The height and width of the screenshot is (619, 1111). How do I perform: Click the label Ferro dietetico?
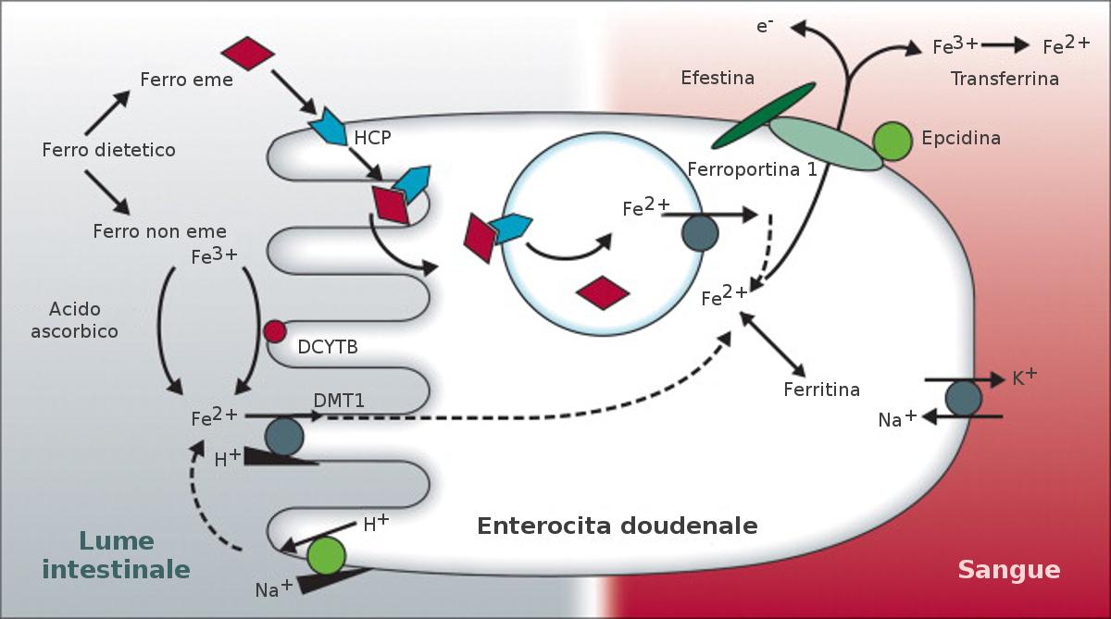(x=108, y=149)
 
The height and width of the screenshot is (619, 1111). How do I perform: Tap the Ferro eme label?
(x=186, y=80)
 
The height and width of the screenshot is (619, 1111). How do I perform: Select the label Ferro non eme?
(x=159, y=230)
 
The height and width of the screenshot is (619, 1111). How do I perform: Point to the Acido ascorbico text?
(x=74, y=319)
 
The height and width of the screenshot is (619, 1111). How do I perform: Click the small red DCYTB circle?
(x=275, y=331)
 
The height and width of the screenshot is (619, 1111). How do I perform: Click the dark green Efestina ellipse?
(x=764, y=115)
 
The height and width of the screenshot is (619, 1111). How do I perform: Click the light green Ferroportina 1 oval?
(x=826, y=144)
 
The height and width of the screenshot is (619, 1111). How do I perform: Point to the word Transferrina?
(x=1005, y=79)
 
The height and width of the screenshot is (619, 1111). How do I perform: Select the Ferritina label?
(x=821, y=390)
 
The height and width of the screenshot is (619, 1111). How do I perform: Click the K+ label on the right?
(x=1024, y=378)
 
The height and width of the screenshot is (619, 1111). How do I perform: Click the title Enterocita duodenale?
(x=617, y=526)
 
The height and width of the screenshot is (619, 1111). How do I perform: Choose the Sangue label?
(x=1008, y=569)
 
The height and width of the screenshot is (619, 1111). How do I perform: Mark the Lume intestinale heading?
(x=117, y=554)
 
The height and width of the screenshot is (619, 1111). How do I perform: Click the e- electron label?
(x=765, y=25)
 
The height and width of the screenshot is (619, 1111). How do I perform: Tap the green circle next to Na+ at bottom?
(x=326, y=555)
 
